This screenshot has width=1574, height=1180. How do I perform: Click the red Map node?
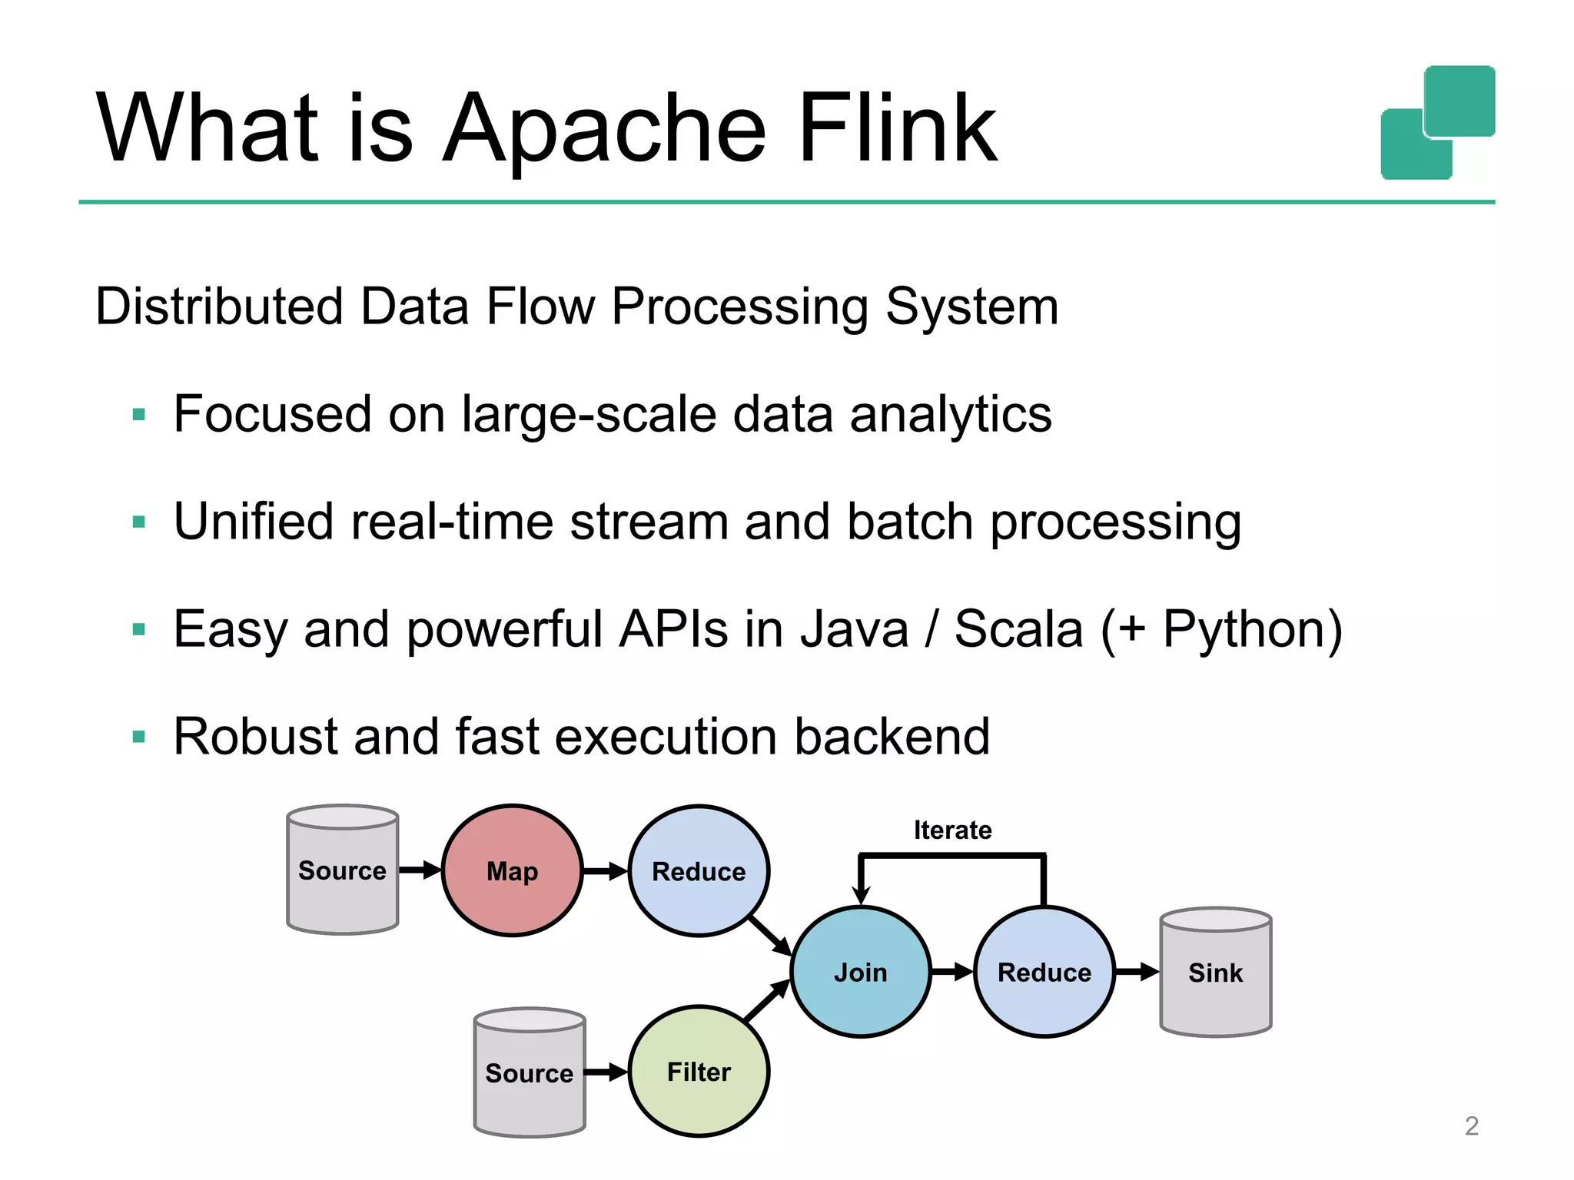512,870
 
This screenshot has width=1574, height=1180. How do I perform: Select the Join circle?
861,972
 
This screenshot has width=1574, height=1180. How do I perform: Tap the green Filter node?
699,1071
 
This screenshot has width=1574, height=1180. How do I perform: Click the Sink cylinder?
1215,973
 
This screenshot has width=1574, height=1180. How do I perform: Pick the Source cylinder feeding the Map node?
342,870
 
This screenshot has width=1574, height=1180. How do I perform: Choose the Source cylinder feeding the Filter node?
530,1072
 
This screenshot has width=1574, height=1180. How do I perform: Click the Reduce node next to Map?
699,870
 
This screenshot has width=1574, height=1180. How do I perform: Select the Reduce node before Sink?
1044,972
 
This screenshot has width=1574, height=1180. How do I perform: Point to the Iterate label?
952,830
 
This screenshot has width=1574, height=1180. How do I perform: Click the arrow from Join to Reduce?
952,972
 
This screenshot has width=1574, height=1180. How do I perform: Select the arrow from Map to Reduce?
606,871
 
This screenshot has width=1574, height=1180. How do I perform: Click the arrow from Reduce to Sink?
1137,972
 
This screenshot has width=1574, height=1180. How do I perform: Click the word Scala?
1018,629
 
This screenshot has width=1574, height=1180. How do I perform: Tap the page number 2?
1471,1125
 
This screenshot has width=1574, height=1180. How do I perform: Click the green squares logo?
1437,123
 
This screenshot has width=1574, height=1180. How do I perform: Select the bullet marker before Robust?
139,737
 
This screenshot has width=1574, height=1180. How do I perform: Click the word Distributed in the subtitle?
218,307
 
